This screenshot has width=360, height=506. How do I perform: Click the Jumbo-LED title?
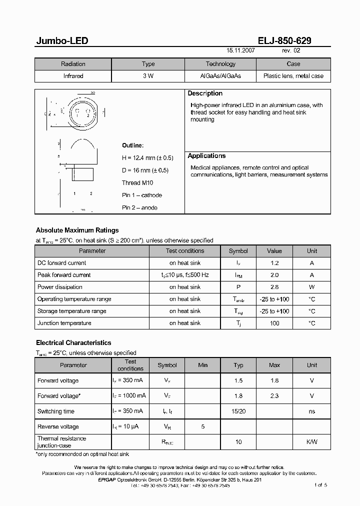62,41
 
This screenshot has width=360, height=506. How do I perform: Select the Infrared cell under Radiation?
73,76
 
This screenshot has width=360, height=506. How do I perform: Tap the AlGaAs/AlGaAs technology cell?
220,76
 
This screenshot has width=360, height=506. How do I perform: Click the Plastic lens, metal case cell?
293,76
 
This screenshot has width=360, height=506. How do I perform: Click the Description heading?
205,93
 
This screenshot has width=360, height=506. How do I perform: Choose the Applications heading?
206,156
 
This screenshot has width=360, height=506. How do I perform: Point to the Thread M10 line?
137,183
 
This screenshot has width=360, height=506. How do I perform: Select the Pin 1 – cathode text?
142,195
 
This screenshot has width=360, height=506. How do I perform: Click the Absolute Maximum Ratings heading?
77,230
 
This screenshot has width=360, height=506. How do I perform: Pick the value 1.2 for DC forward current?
274,263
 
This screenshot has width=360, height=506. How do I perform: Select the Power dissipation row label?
60,287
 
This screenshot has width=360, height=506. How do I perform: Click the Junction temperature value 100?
274,323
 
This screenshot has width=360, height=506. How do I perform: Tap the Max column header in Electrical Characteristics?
274,365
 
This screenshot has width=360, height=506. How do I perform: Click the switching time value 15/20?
238,411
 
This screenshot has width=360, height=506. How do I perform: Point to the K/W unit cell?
312,442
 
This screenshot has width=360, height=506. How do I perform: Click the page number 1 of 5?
320,485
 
